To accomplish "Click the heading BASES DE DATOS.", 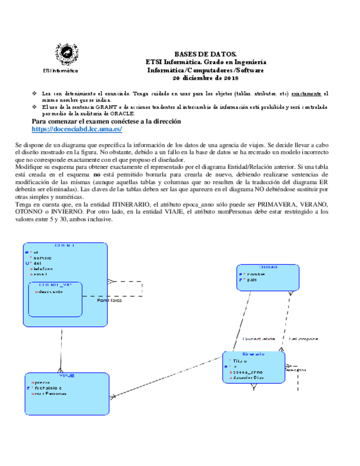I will [206, 54].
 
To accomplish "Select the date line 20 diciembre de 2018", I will [206, 77].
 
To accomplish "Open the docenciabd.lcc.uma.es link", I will [77, 129].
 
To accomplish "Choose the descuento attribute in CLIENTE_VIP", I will [50, 292].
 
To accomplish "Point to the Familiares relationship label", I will [109, 301].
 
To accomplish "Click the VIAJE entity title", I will [67, 375].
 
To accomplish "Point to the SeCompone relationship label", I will [303, 339].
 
